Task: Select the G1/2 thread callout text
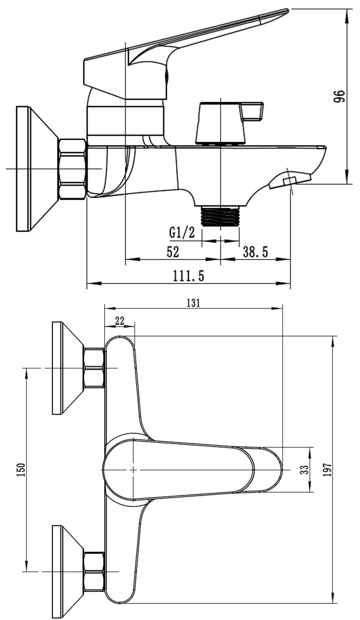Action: (182, 233)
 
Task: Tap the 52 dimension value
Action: (173, 252)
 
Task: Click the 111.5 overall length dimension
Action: (188, 276)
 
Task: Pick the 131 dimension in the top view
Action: (193, 302)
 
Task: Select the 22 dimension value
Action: (119, 321)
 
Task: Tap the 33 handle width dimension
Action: (304, 469)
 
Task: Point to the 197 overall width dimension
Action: (326, 469)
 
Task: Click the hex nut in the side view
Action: (72, 169)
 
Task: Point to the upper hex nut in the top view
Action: (94, 368)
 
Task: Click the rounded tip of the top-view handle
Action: (273, 469)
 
